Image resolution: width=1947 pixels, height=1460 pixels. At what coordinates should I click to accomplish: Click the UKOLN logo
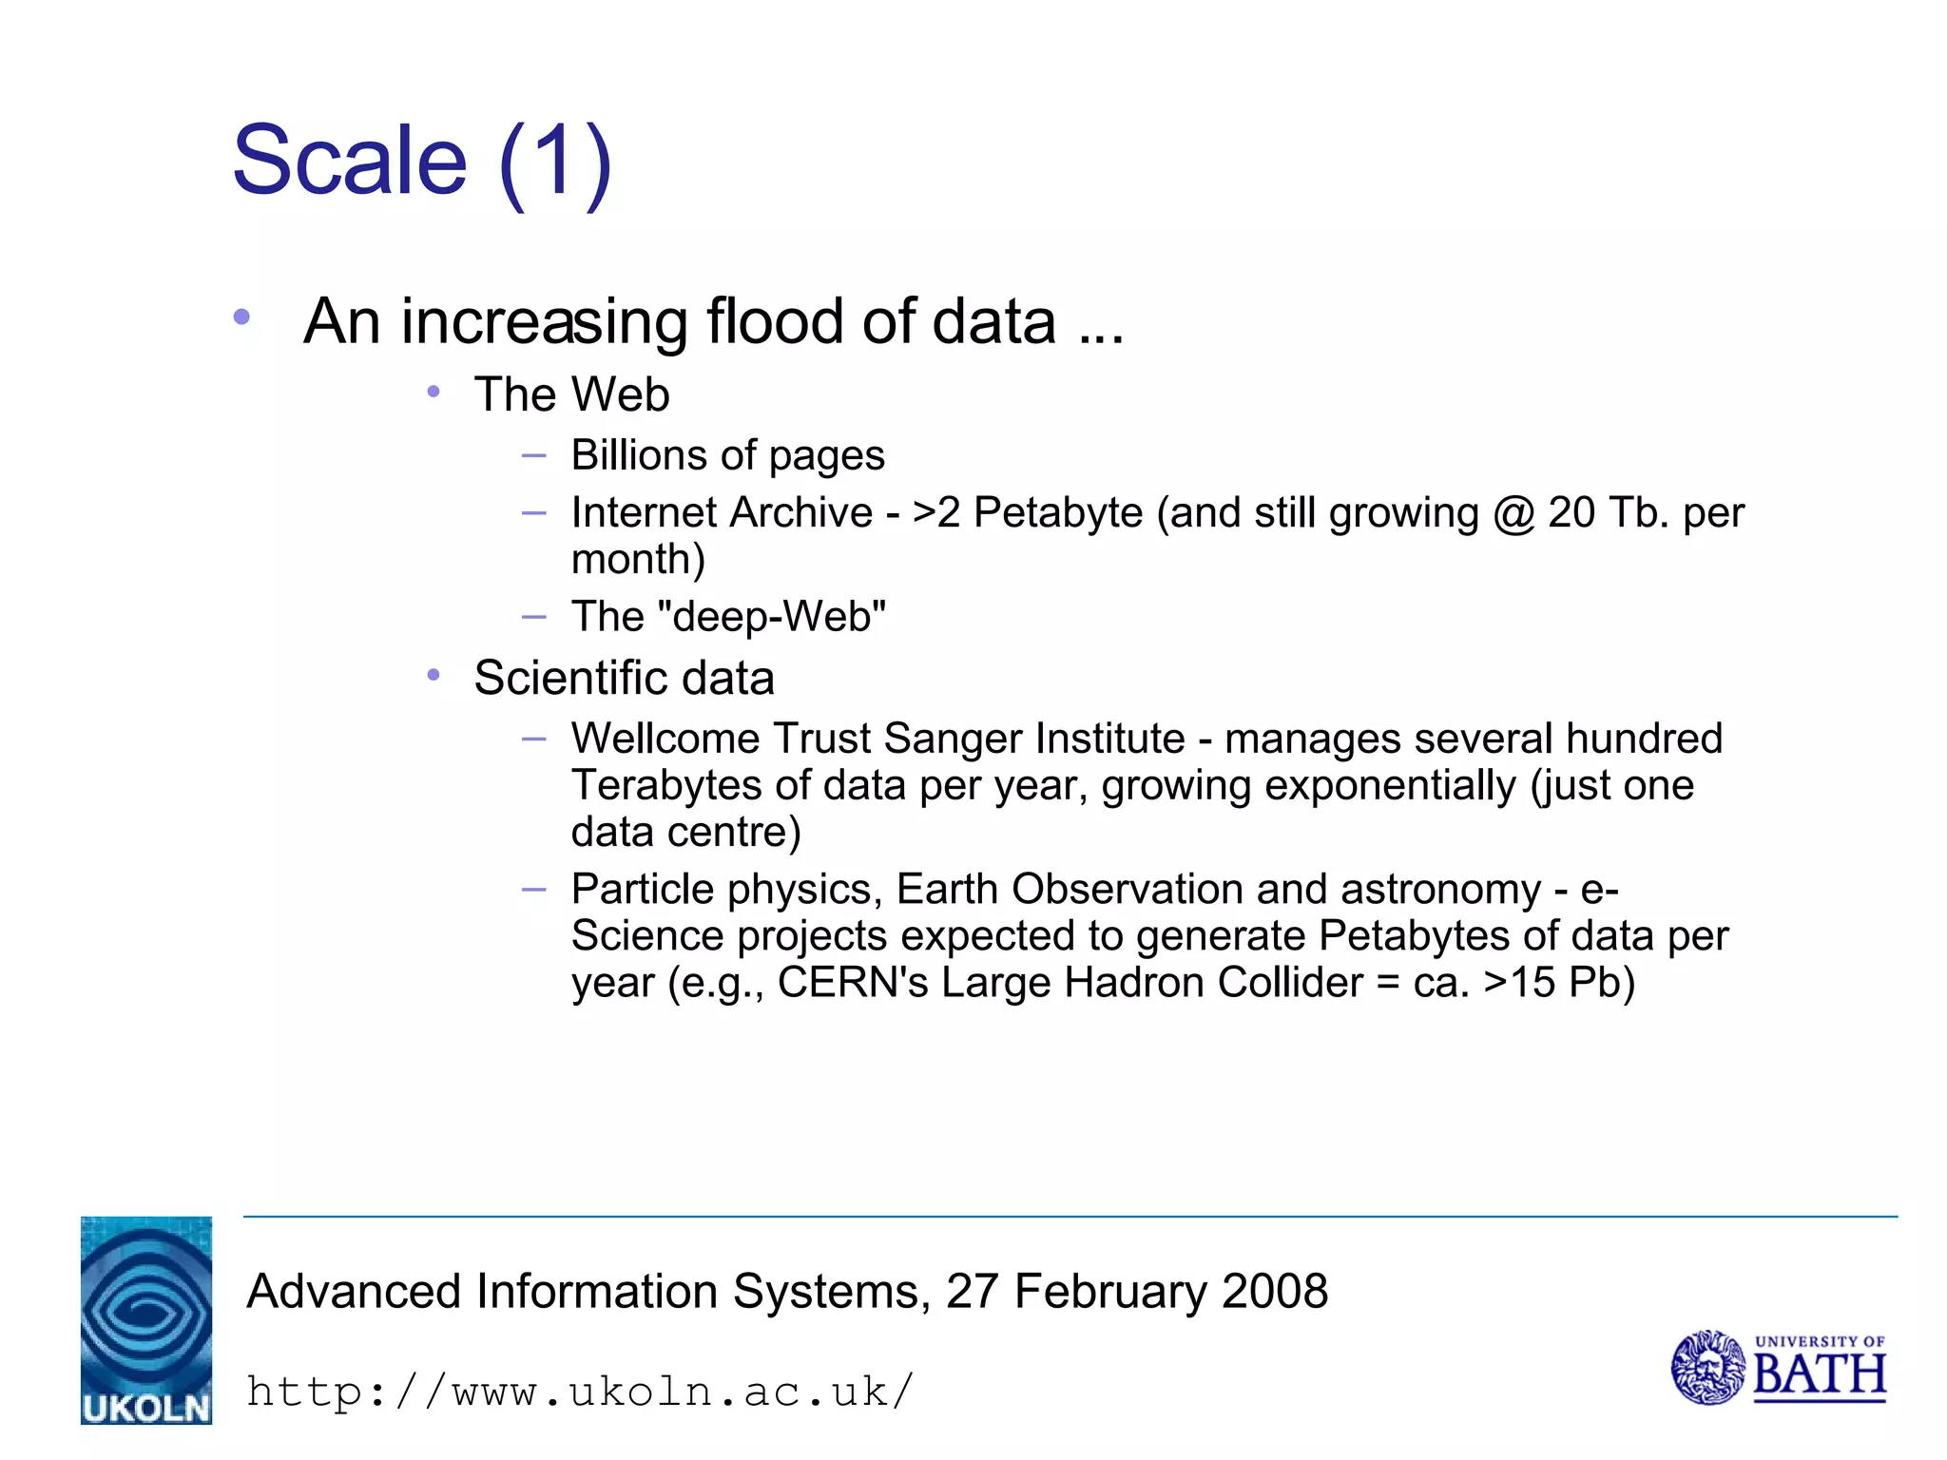point(145,1319)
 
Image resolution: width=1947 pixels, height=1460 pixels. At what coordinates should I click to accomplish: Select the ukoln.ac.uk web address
point(580,1392)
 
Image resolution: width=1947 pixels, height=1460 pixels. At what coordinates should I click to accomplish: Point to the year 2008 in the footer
point(1275,1291)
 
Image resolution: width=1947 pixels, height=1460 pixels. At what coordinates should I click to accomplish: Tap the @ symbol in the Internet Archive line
point(1513,513)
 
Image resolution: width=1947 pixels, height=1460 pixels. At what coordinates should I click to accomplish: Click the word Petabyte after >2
point(1058,513)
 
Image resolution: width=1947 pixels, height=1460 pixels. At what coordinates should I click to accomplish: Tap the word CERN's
point(853,983)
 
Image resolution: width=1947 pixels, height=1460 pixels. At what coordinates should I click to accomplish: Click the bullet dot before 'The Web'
point(434,392)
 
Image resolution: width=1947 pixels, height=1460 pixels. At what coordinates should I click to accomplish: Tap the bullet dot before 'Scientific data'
point(434,675)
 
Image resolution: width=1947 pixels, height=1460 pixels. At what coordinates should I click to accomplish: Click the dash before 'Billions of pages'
point(534,456)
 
